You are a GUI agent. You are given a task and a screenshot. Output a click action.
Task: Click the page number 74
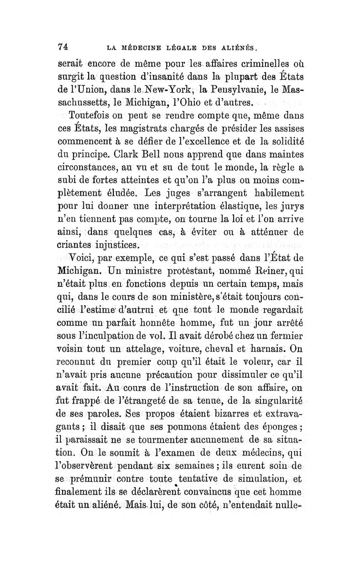coord(63,45)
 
